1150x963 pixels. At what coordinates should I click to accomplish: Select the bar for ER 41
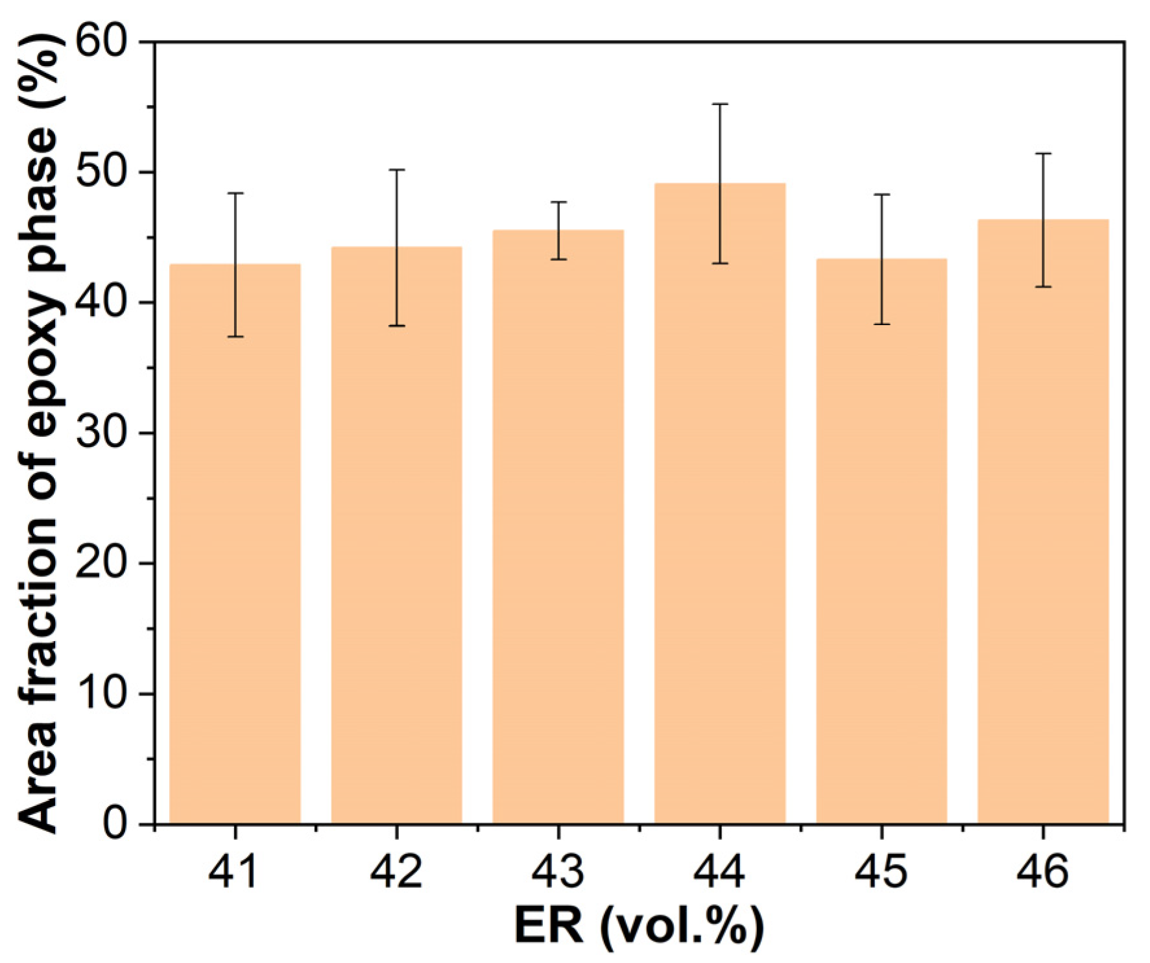tap(235, 545)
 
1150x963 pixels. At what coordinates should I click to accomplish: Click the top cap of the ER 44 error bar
tap(720, 104)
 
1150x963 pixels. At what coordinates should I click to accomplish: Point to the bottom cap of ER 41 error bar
tap(235, 337)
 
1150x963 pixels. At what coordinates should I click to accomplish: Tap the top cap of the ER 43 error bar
tap(558, 202)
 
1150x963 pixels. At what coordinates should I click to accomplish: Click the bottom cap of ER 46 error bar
tap(1043, 287)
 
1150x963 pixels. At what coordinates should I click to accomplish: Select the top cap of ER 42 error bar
tap(396, 169)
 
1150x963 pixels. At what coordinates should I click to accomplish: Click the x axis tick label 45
tap(881, 871)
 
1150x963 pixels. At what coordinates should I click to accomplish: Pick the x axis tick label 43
tap(558, 871)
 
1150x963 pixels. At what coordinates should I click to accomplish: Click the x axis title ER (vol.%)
tap(639, 927)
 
